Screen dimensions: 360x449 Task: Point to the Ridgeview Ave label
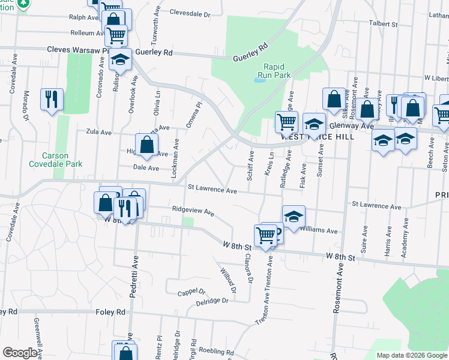[x=193, y=211]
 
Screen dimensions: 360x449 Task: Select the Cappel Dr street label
[x=191, y=292]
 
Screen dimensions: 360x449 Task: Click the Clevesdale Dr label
[x=190, y=12]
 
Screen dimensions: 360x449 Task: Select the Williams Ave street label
[x=319, y=230]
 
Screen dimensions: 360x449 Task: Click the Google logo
[x=20, y=353]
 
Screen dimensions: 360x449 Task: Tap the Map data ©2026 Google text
[x=412, y=355]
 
